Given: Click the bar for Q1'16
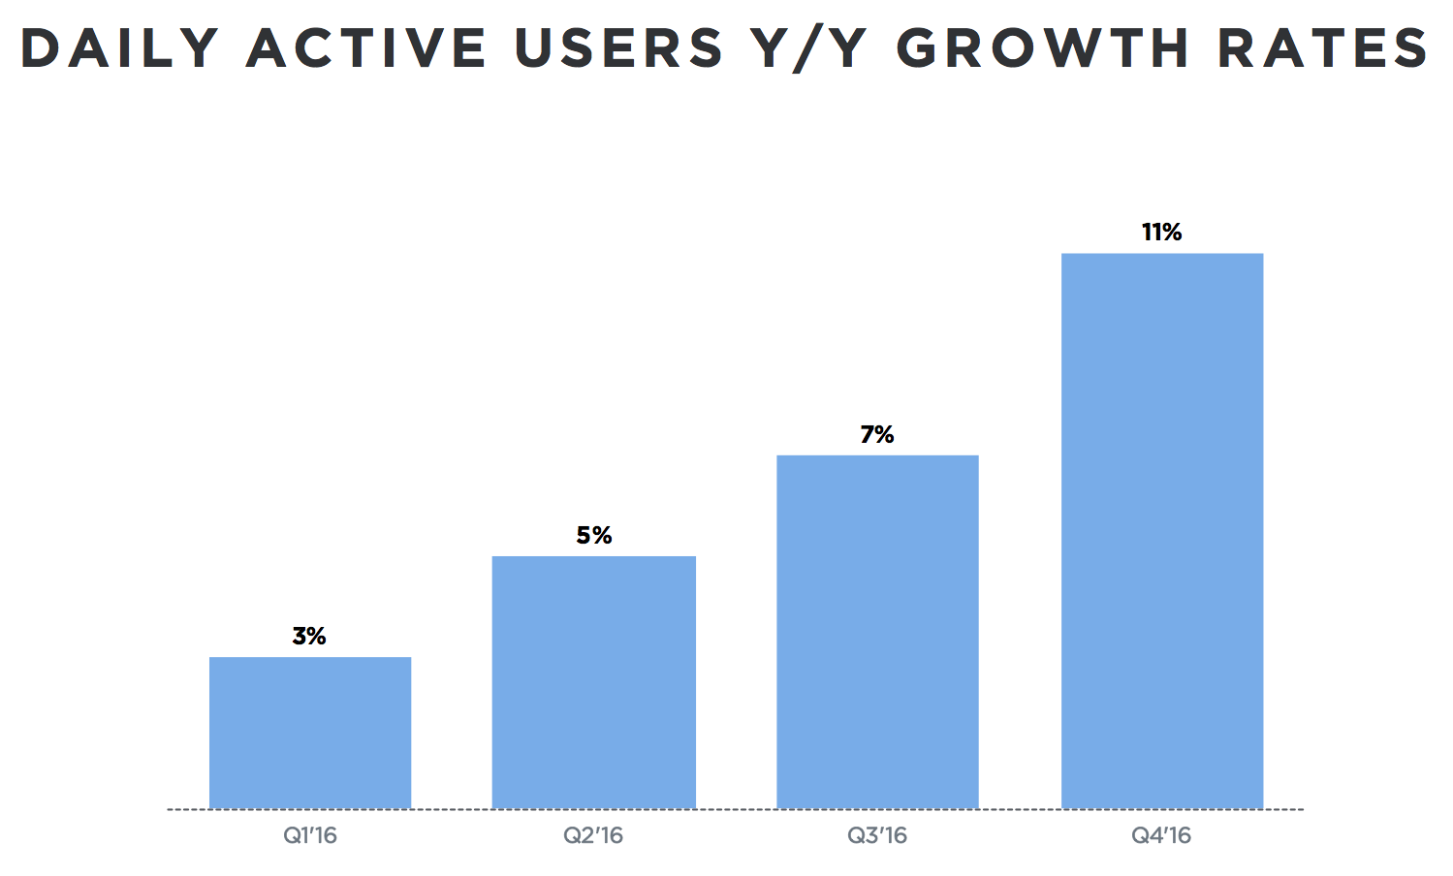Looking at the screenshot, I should tap(310, 733).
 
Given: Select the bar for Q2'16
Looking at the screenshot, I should tap(593, 682).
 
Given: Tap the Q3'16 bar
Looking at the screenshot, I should tap(877, 632).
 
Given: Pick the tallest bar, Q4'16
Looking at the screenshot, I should tap(1162, 531).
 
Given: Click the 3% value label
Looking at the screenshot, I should tap(309, 637).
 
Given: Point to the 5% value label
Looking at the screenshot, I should tap(594, 536).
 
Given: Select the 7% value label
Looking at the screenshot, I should tap(877, 435).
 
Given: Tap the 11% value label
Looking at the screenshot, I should tap(1161, 233).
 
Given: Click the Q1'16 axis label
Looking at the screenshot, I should tap(310, 835).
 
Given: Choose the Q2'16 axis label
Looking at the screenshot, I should tap(593, 835).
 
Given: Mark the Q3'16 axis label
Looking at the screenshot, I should tap(877, 835).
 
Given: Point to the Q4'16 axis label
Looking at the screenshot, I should tap(1161, 835).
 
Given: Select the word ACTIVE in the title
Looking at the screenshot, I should tap(366, 48).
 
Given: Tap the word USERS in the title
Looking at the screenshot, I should tap(618, 48).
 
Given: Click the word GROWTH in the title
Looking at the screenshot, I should tap(1042, 48).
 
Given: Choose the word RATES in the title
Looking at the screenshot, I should tap(1323, 48).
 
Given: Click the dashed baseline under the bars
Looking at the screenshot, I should tap(737, 809).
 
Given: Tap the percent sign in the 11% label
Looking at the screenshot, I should tap(1171, 233).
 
